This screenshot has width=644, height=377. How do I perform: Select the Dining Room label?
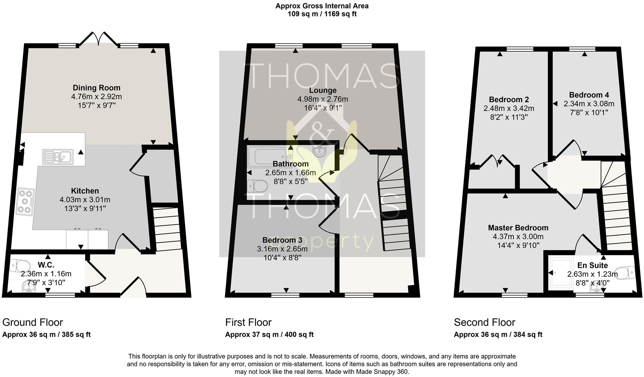96,88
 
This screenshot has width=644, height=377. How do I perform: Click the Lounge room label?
323,90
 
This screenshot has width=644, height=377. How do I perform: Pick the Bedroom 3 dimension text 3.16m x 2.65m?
282,249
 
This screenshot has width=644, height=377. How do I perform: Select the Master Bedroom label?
518,228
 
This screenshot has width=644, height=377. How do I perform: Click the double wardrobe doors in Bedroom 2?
498,161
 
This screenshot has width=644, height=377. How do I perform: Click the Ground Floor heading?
33,322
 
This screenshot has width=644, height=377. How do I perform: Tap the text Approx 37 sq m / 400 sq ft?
269,335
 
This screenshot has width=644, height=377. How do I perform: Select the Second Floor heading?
484,322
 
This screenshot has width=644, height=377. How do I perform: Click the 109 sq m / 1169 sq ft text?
322,14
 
